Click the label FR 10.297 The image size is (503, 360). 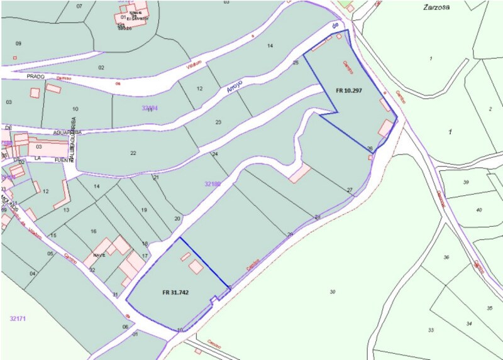pos(351,90)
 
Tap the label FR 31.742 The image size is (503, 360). pos(175,292)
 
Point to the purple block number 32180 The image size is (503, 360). pos(213,184)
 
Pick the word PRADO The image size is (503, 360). pos(35,76)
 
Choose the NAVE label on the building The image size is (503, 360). pos(99,255)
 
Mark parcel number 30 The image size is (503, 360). pos(333,292)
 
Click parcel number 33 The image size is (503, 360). pos(431,330)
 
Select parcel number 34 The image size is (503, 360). pos(468,323)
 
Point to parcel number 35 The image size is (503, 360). pos(489,308)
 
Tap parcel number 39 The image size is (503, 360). pos(466,182)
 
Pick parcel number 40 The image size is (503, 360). pos(478,210)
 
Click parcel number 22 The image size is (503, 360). pos(133,153)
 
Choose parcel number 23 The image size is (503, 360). pos(218,122)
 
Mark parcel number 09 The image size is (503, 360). pos(18,43)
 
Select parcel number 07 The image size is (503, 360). pos(79,6)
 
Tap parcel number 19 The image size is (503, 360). pos(143,210)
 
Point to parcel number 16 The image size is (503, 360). pos(93,231)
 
